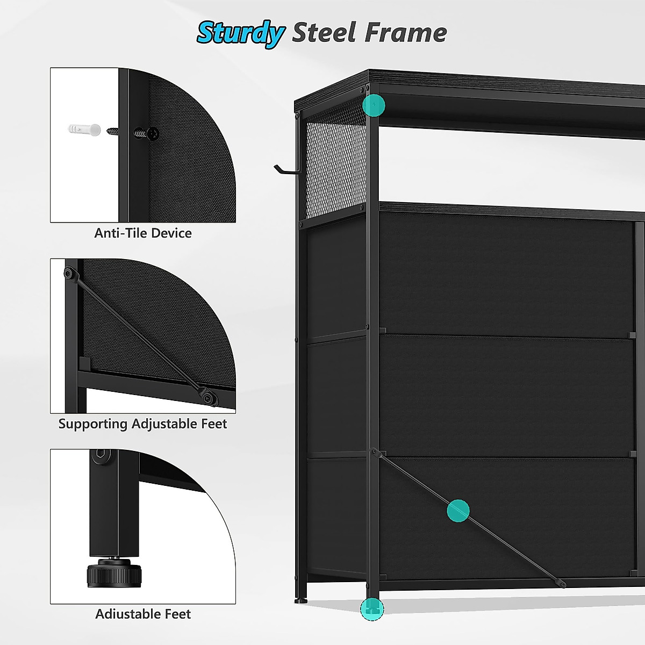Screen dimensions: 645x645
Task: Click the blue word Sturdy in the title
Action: coord(240,33)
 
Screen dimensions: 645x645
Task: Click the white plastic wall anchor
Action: coord(85,130)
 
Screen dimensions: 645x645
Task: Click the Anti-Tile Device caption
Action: coord(143,233)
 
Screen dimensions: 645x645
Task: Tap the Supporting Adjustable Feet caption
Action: coord(142,424)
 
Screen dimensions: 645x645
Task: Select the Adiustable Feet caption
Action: coord(143,614)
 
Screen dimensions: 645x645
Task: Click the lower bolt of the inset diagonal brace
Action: coord(207,397)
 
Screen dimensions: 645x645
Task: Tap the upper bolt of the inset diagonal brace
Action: coord(69,273)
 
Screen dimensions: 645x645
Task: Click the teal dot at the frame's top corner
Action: coord(374,105)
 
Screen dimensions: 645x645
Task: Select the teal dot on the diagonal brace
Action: coord(458,511)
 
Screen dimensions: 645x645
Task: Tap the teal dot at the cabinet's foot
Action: coord(372,609)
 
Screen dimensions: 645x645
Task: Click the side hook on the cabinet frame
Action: coord(285,170)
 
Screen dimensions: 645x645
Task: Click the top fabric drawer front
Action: coord(505,274)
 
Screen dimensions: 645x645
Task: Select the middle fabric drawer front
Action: coord(505,396)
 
